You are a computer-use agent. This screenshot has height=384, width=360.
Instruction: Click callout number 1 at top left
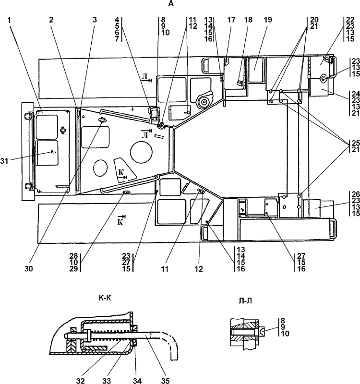9,20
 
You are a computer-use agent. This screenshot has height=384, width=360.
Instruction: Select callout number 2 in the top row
51,20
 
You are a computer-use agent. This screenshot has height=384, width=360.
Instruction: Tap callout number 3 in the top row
95,20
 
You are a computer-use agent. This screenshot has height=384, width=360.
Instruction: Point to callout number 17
231,20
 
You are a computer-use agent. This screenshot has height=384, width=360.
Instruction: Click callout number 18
248,20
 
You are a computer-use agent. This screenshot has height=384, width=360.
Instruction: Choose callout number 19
268,20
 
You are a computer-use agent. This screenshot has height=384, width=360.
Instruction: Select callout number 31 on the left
4,161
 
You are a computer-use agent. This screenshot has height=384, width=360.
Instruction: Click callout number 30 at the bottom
29,269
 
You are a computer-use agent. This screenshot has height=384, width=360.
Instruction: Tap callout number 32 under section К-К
81,380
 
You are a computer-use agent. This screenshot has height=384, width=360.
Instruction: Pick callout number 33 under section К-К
107,380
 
